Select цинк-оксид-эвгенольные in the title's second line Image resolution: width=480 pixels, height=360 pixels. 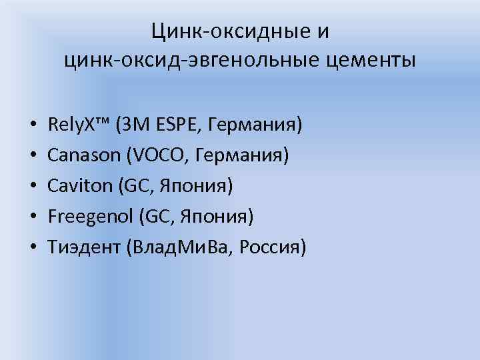pos(189,61)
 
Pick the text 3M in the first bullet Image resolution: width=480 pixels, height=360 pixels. pos(133,124)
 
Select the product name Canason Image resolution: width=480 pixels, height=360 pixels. pos(83,155)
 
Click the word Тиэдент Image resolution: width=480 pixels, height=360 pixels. pos(81,248)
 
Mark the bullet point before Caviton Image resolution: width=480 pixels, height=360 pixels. pos(32,187)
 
